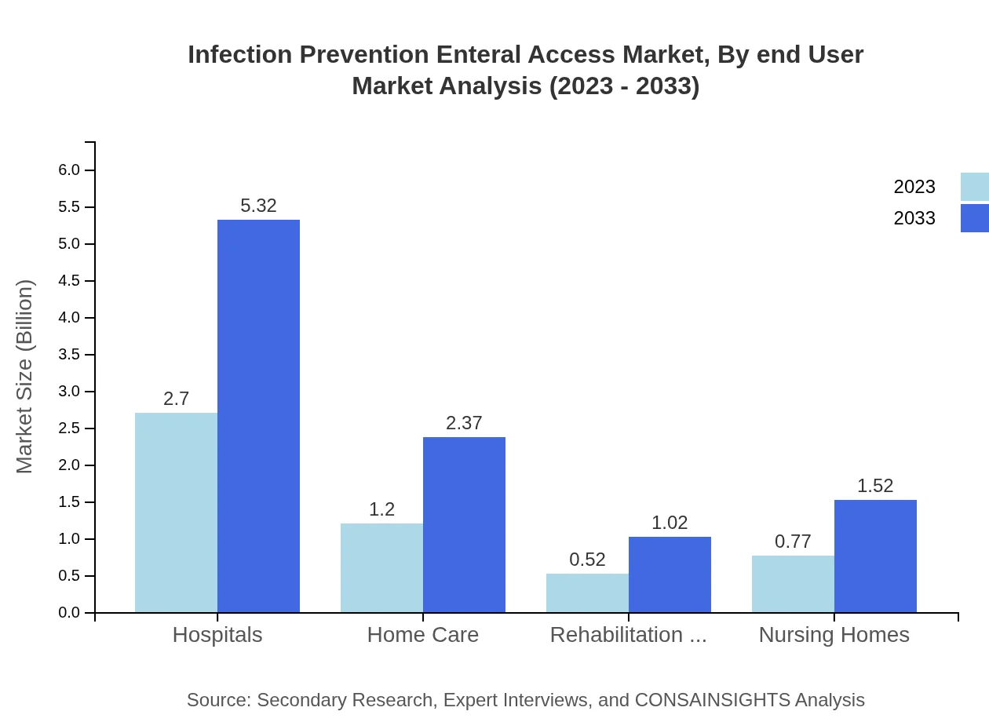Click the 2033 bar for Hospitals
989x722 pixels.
pyautogui.click(x=258, y=416)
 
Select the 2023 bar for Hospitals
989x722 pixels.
pyautogui.click(x=176, y=512)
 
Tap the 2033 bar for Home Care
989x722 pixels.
pyautogui.click(x=464, y=524)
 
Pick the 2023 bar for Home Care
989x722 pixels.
pyautogui.click(x=381, y=567)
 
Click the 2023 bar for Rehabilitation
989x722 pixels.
pyautogui.click(x=587, y=593)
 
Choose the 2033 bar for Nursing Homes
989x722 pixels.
pyautogui.click(x=875, y=556)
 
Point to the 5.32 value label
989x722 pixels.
pyautogui.click(x=258, y=206)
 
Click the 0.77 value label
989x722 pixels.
pyautogui.click(x=793, y=541)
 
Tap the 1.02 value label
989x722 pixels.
pyautogui.click(x=670, y=523)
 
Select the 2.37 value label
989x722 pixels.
pyautogui.click(x=464, y=423)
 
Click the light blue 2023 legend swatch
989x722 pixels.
pyautogui.click(x=974, y=187)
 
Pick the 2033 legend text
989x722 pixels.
pyautogui.click(x=914, y=218)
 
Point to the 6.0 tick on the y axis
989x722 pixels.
pyautogui.click(x=69, y=170)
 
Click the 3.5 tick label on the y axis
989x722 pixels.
pyautogui.click(x=69, y=355)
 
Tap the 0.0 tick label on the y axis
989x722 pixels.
pyautogui.click(x=69, y=613)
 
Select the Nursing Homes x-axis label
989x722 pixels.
pyautogui.click(x=834, y=634)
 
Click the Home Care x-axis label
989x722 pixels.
pyautogui.click(x=422, y=634)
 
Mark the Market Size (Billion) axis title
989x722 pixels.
pyautogui.click(x=24, y=377)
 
